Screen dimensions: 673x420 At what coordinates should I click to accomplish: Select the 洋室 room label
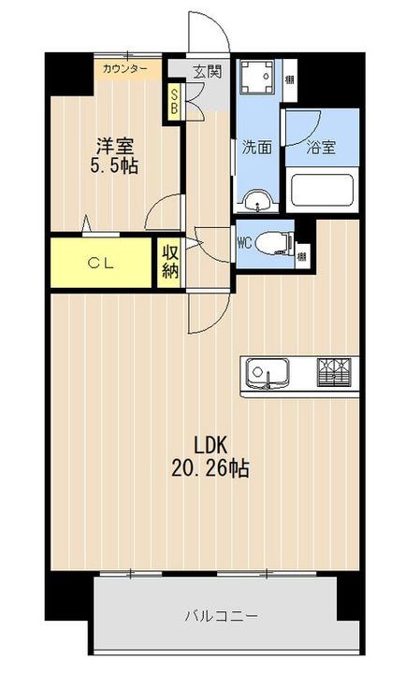(114, 146)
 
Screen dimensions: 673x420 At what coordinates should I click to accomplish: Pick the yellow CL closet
(101, 264)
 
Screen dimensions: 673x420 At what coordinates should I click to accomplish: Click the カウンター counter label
(124, 69)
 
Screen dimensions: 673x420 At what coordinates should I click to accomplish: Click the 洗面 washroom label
(255, 147)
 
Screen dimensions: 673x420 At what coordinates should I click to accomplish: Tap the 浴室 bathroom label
(321, 147)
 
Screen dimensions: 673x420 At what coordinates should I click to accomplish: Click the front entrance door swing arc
(208, 33)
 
